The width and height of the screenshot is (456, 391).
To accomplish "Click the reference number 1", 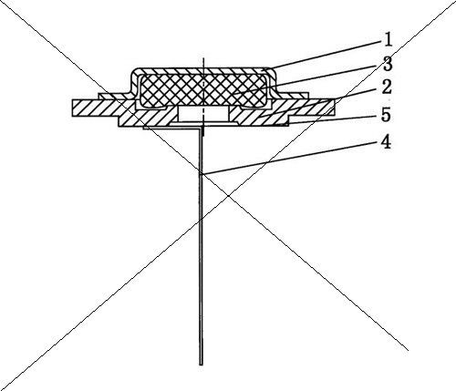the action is (387, 39).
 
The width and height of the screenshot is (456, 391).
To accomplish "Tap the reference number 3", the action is (388, 64).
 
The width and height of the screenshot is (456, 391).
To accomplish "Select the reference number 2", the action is (387, 87).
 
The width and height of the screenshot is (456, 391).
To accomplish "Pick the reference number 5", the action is (386, 115).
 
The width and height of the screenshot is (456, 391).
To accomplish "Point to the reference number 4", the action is (386, 142).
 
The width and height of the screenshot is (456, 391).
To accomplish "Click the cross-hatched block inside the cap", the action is (203, 90).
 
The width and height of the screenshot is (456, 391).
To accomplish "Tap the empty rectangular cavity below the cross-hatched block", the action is (203, 114).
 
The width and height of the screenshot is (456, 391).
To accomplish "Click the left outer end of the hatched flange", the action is (73, 108).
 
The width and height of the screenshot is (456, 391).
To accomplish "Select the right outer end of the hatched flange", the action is (334, 107).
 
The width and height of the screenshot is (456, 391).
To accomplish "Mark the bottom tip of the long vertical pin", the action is (201, 365).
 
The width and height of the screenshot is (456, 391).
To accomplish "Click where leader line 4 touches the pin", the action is (202, 174).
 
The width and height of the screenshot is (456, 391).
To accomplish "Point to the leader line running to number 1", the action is (326, 55).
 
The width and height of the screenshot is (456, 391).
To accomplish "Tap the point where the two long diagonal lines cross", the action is (229, 196).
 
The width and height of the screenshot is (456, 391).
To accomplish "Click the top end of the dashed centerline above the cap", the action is (203, 57).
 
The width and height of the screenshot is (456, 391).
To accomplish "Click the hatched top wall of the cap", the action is (203, 71).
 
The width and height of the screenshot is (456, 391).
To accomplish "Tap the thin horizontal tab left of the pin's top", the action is (171, 129).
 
